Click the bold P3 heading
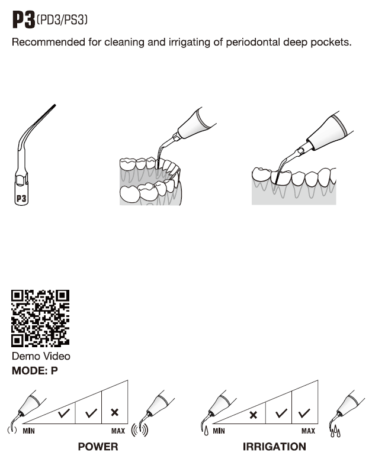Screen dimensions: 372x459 coord(24,20)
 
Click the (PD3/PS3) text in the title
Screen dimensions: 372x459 coord(62,20)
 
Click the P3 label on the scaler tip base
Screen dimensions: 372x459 coord(21,199)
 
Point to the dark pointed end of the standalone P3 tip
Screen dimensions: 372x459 coord(54,105)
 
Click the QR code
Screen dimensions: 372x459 coord(40,318)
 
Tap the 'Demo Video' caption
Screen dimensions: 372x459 coord(41,356)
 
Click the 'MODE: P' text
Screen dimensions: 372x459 coord(35,371)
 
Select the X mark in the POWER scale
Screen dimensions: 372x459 coord(114,412)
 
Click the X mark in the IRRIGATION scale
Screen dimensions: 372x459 coord(254,415)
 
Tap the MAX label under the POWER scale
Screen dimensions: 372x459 coord(118,431)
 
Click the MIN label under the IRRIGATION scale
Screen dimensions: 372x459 coord(219,431)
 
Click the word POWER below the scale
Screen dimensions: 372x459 coord(98,447)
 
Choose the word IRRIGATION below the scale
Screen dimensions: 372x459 coord(274,447)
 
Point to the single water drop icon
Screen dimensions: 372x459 coord(206,431)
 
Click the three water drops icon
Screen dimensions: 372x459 coord(335,431)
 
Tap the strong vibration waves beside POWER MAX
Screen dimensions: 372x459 coord(140,430)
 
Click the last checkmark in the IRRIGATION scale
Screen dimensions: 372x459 coord(304,413)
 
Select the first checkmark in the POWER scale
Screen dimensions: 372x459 coord(63,413)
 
